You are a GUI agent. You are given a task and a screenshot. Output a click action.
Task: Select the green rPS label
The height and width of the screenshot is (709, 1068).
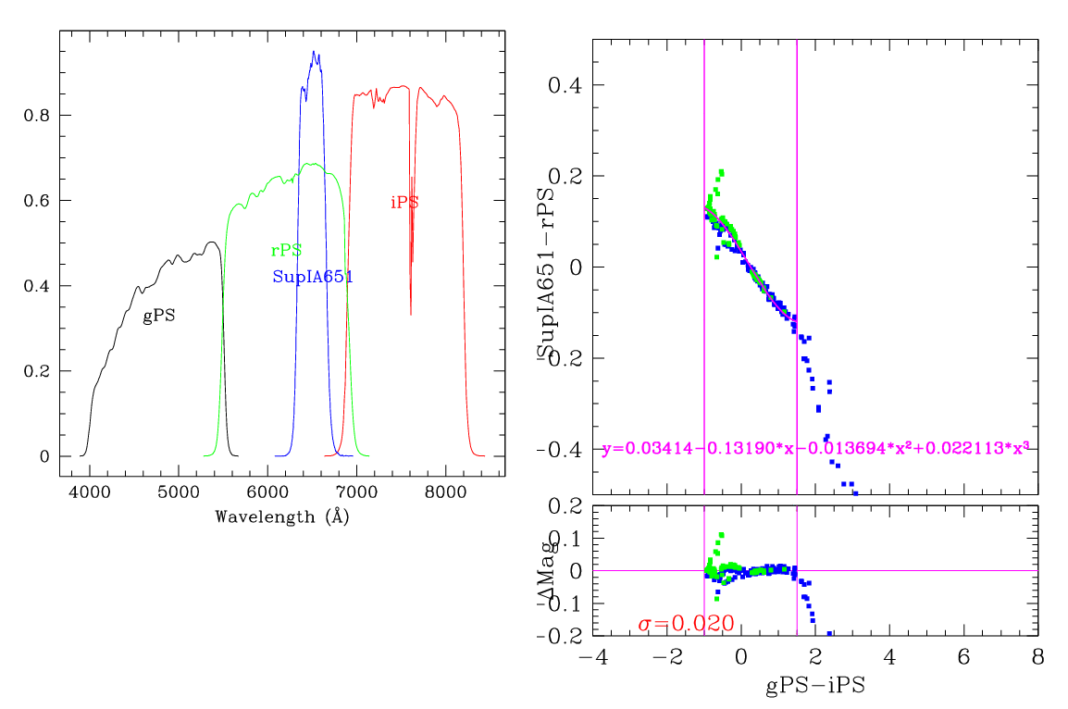point(286,251)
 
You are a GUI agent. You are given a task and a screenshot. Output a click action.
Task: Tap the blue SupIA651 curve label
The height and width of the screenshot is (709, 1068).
point(313,276)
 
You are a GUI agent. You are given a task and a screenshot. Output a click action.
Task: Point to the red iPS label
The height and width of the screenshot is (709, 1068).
point(404,203)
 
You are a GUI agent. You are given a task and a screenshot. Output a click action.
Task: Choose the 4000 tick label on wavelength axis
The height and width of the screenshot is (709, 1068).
point(89,492)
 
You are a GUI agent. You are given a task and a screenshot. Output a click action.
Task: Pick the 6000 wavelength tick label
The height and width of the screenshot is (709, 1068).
point(267,492)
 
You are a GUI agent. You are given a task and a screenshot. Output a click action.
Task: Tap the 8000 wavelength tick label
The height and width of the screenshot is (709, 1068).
point(446,492)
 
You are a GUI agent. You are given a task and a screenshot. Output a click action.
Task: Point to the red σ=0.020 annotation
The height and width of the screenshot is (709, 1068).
point(686,624)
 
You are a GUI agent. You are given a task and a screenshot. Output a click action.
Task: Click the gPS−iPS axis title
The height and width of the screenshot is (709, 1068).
point(815,687)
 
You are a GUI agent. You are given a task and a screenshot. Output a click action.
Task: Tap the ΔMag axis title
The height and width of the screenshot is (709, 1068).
point(545,571)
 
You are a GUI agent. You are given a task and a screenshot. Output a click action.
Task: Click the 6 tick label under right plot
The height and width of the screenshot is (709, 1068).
point(963,657)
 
